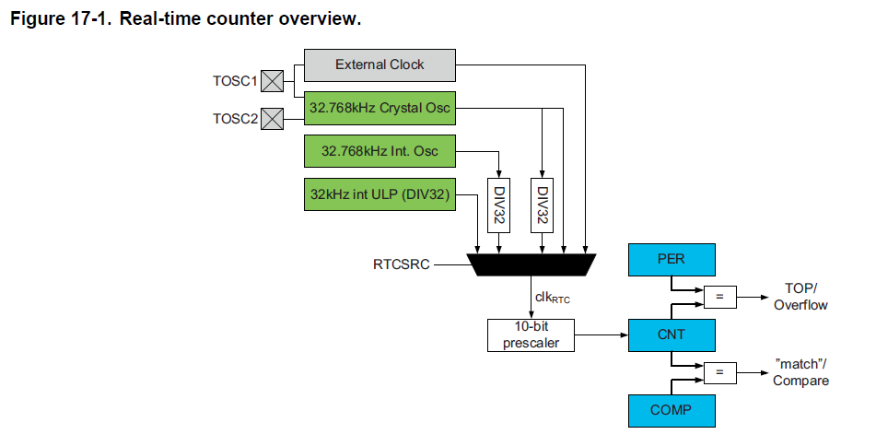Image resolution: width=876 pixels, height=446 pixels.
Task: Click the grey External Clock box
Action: pos(380,65)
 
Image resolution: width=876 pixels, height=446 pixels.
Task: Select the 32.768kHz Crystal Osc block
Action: pos(380,109)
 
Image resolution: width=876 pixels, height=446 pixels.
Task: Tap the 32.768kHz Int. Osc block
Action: pos(380,151)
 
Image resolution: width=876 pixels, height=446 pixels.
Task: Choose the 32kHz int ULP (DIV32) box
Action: pos(380,194)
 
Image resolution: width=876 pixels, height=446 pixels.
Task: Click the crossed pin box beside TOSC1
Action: pos(272,81)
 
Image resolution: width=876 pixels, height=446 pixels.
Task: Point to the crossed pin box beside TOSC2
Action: pos(272,119)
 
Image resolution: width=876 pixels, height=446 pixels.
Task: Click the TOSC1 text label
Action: pos(235,81)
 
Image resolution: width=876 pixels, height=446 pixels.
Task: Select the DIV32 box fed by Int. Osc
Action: pos(499,205)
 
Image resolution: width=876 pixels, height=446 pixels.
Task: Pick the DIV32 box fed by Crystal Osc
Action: pos(542,205)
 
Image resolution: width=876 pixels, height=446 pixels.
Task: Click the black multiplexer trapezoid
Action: pos(531,264)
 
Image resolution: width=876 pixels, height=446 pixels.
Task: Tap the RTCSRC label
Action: pos(402,264)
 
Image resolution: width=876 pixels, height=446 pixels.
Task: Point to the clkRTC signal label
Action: pos(553,298)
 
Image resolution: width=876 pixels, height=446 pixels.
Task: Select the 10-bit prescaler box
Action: pos(531,334)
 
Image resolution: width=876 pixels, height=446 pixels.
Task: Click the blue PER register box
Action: pos(672,260)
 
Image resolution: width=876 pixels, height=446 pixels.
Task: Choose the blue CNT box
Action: pos(672,335)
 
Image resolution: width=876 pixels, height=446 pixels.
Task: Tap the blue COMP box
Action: pos(672,411)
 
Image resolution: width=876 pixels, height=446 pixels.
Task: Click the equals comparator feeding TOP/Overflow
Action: pos(719,297)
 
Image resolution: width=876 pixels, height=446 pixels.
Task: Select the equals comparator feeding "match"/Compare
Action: pos(719,373)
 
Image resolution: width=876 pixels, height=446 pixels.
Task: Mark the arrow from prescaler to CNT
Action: pos(602,335)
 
